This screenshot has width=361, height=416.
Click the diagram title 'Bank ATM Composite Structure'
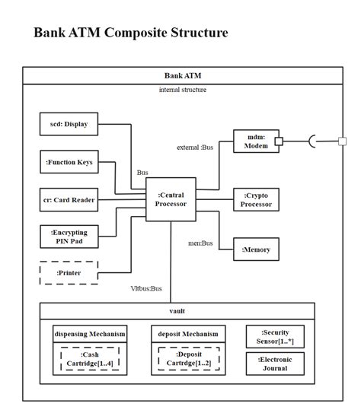[x=130, y=33]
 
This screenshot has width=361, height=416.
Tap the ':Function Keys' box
[x=69, y=162]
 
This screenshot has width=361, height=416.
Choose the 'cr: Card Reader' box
[x=69, y=200]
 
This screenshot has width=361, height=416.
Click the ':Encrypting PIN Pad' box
[x=69, y=237]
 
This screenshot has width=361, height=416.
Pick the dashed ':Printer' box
[x=69, y=272]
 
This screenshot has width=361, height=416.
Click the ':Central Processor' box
[x=170, y=199]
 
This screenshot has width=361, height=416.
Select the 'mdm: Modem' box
[x=255, y=141]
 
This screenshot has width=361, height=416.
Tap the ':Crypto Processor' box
[x=255, y=199]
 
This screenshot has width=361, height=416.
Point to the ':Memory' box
[x=255, y=249]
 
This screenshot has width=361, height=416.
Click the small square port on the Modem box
[x=280, y=141]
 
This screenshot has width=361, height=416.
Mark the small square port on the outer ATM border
[x=342, y=141]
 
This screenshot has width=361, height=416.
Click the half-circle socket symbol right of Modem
[x=312, y=141]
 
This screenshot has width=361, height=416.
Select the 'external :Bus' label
[x=195, y=148]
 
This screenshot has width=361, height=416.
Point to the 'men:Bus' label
[x=200, y=243]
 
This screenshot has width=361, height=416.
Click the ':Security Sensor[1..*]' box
[x=275, y=336]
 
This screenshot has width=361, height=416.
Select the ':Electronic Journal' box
[x=275, y=364]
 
